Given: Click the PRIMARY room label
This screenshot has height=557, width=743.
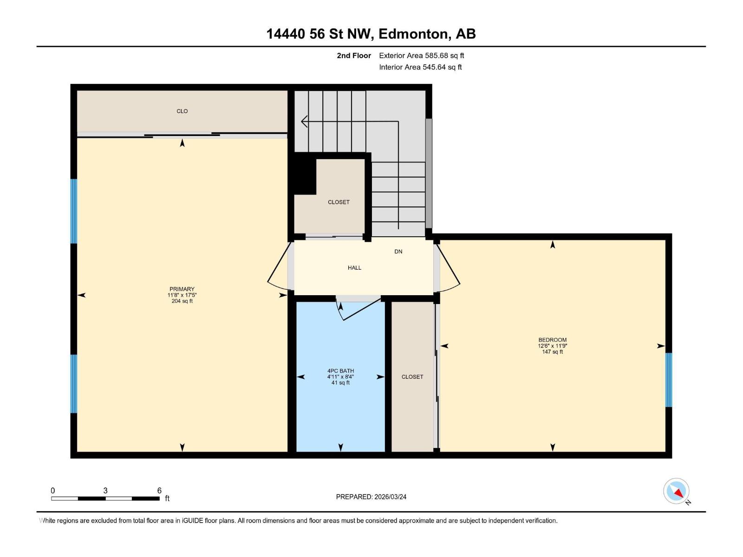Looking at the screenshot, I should [182, 289].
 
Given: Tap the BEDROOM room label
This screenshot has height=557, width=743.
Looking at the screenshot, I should [552, 340].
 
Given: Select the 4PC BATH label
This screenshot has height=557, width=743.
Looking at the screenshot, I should [340, 371].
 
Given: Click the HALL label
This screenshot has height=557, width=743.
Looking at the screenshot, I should [354, 268].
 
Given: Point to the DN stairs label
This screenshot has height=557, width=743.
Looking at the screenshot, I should [398, 252].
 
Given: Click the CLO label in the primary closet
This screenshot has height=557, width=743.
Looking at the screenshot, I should [182, 111].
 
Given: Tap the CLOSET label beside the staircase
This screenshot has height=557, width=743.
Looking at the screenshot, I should [339, 202].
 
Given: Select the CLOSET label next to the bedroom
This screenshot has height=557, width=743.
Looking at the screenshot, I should [412, 377].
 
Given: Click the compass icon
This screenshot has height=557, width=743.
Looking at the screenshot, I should [676, 491].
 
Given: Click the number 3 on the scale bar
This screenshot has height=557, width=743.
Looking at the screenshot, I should [105, 491].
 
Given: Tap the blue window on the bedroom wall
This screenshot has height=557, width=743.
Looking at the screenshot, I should [669, 380].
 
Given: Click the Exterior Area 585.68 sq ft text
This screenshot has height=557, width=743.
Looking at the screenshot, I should [421, 56].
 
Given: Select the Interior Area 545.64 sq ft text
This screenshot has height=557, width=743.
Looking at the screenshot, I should [420, 67].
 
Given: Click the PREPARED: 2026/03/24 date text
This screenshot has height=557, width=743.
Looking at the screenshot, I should [371, 497].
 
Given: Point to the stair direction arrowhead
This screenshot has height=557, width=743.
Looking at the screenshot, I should [305, 122].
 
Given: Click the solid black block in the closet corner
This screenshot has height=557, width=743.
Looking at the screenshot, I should [305, 174].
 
